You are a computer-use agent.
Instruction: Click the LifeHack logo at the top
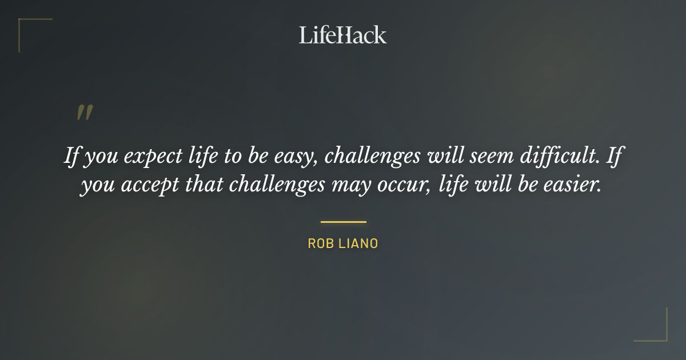pyautogui.click(x=342, y=35)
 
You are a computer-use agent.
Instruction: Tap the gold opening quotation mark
pyautogui.click(x=85, y=113)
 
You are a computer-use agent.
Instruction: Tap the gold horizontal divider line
pyautogui.click(x=343, y=222)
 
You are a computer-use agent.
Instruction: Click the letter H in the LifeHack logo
pyautogui.click(x=341, y=35)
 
